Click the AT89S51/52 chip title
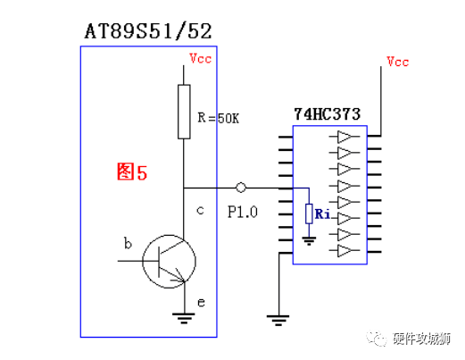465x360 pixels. (x=148, y=32)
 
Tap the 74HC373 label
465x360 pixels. (x=328, y=115)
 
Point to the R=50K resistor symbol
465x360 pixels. (x=184, y=112)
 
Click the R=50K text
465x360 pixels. (x=218, y=118)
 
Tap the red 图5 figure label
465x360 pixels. (x=132, y=172)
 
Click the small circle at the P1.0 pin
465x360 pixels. (x=240, y=188)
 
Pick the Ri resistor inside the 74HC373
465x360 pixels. (x=308, y=213)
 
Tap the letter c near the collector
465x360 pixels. (x=200, y=210)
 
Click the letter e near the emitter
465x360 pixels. (x=202, y=303)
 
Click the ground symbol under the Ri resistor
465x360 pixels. (x=308, y=239)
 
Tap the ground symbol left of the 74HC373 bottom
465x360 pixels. (x=278, y=316)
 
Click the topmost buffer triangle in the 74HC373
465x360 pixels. (x=345, y=138)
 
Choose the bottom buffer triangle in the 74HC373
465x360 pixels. (x=345, y=252)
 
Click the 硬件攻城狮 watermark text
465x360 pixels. (x=422, y=339)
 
